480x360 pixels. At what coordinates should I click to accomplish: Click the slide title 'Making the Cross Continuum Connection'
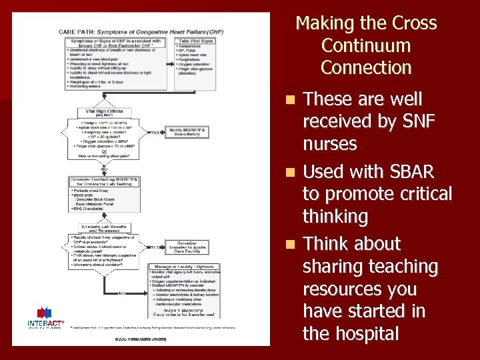point(366,45)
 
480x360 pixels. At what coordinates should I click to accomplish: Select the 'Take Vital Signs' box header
point(195,41)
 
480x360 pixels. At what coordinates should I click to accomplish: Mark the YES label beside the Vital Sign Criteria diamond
point(155,131)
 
